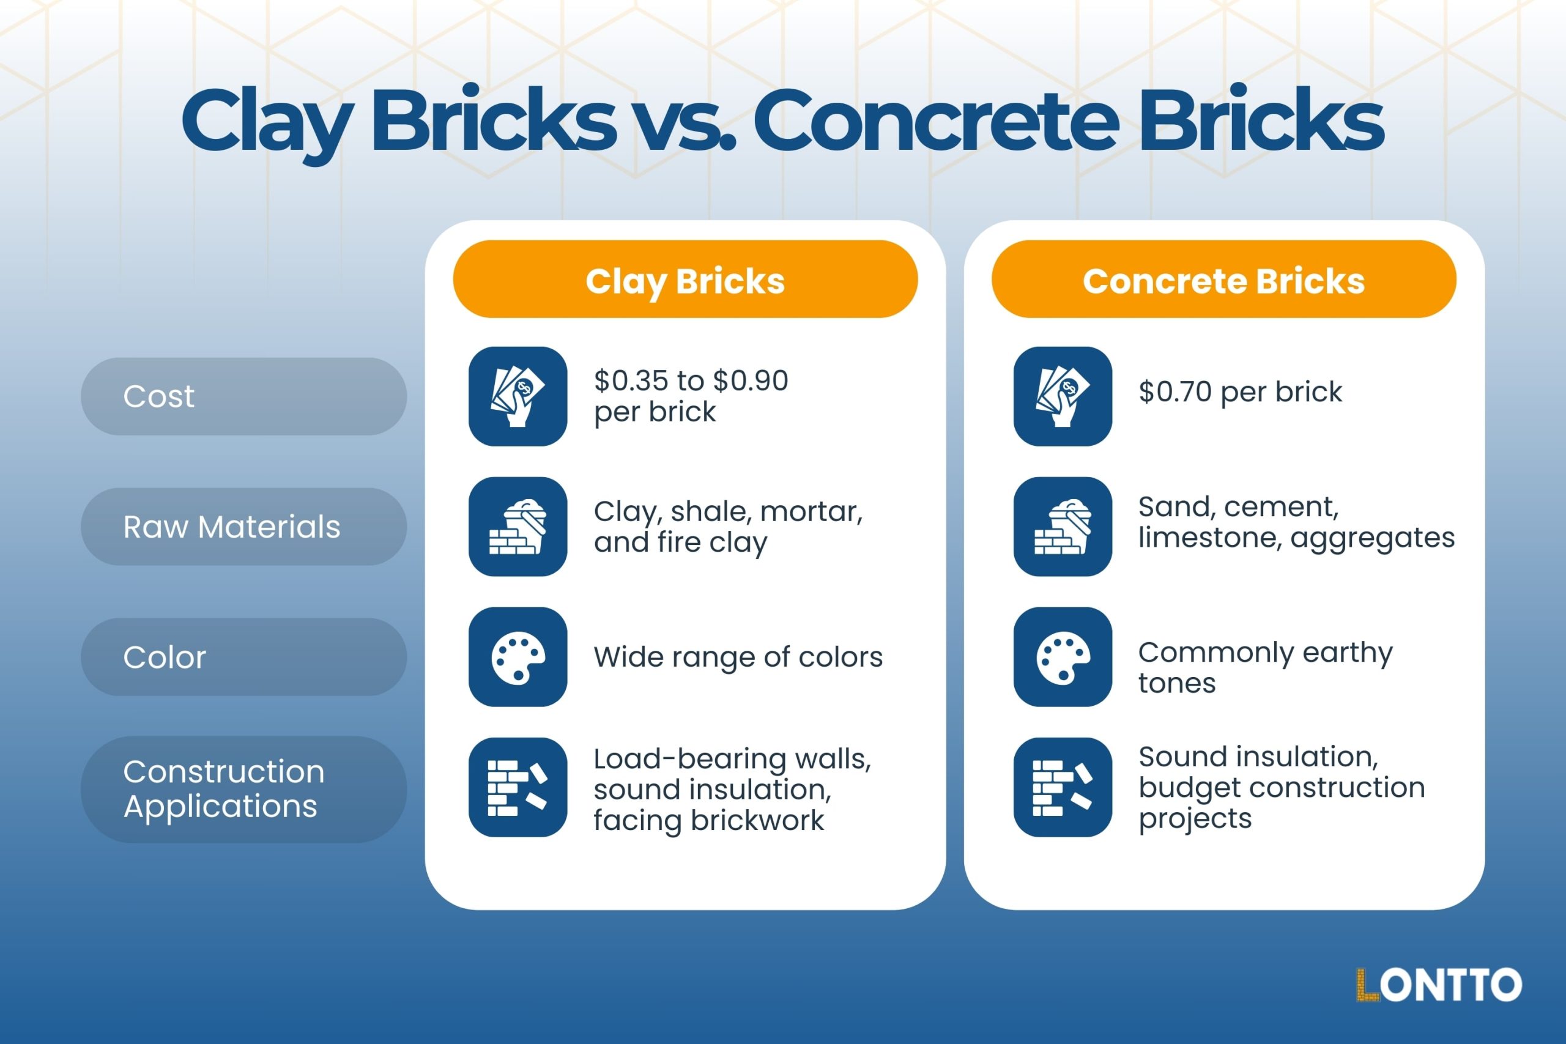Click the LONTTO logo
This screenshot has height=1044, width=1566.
(1439, 985)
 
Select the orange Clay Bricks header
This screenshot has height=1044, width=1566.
(685, 280)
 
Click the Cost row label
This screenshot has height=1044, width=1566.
(243, 396)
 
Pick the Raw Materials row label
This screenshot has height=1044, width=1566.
(243, 527)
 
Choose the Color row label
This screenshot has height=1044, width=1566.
(243, 657)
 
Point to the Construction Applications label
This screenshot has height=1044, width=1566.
(243, 788)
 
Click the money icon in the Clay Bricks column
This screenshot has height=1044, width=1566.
(518, 396)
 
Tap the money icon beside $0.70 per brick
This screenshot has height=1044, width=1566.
(1063, 396)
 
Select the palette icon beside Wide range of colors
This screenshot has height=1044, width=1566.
(518, 657)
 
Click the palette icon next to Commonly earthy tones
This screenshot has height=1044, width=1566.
(1063, 657)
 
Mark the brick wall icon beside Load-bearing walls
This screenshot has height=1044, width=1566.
(518, 788)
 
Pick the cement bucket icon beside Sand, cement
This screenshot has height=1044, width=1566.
(1063, 527)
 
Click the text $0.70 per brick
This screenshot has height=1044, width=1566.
(1240, 391)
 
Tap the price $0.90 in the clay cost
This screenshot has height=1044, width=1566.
(751, 381)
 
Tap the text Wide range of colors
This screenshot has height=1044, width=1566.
(738, 657)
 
